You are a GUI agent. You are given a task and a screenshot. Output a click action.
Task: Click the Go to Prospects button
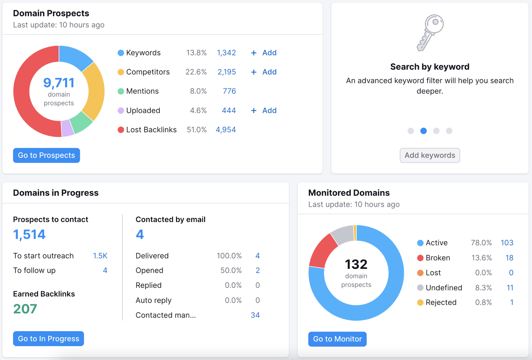click(x=47, y=155)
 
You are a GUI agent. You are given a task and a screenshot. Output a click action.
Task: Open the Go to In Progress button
click(x=49, y=339)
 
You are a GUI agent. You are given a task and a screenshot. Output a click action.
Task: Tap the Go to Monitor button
click(x=337, y=339)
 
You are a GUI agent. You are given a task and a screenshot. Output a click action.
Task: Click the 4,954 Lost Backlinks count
click(x=226, y=130)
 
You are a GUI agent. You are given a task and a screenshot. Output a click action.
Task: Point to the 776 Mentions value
click(x=229, y=91)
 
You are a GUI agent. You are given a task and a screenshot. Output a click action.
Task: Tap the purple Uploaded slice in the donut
click(x=67, y=128)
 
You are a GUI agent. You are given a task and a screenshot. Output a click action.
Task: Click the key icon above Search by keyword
click(x=430, y=33)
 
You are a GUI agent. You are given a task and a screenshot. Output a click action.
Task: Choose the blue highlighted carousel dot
click(x=423, y=131)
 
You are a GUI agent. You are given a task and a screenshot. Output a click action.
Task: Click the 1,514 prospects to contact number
click(x=29, y=235)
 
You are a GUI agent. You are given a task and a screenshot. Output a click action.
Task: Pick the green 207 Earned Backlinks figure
click(x=25, y=309)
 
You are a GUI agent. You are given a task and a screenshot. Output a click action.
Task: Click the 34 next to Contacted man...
click(x=255, y=315)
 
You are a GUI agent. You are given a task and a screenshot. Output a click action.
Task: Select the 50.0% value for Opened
click(x=231, y=270)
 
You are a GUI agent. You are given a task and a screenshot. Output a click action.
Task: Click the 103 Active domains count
click(x=507, y=243)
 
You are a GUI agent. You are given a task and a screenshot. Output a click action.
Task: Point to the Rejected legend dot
click(x=420, y=302)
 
